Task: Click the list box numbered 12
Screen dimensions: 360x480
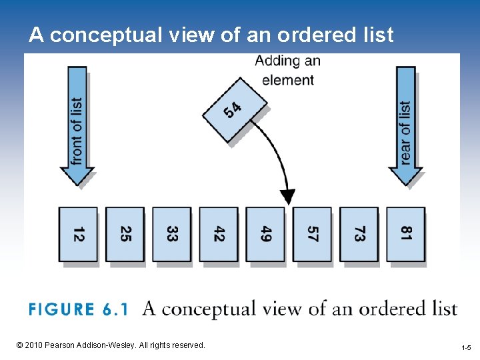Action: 78,234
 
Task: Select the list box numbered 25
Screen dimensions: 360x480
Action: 125,234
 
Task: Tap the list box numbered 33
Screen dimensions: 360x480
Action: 171,234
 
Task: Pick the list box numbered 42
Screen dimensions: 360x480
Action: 219,234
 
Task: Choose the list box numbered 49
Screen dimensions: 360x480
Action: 265,234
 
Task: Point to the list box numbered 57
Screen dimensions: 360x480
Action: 312,234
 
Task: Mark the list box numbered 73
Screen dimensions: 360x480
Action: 359,234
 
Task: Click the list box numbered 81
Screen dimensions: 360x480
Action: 405,234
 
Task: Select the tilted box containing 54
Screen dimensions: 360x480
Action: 235,109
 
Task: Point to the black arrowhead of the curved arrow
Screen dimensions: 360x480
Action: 287,197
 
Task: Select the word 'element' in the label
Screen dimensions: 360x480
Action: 288,80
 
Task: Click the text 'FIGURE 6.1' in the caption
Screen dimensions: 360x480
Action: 79,309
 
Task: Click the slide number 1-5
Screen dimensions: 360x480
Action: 466,348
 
